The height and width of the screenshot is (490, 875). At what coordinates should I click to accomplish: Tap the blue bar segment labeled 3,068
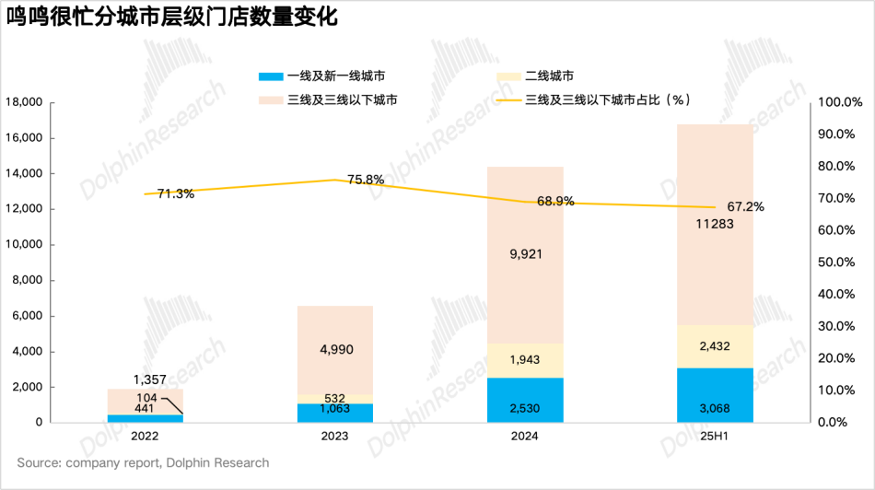[x=715, y=395]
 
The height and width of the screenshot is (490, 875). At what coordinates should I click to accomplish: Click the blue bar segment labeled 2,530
[x=525, y=400]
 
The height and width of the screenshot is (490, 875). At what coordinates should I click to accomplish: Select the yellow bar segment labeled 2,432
[x=715, y=346]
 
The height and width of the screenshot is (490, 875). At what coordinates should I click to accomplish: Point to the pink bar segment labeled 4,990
[x=335, y=350]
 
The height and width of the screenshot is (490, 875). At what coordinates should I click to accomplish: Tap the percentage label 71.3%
[x=176, y=194]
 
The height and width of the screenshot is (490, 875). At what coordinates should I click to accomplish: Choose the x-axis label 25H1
[x=715, y=435]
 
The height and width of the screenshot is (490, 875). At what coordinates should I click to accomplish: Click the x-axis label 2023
[x=335, y=435]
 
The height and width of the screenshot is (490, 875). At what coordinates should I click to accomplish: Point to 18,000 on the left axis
[x=25, y=102]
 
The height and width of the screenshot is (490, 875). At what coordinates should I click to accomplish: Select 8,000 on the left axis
[x=28, y=280]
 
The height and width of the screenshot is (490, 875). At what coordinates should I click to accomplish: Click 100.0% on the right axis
[x=839, y=102]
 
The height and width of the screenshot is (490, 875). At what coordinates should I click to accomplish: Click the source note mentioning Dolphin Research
[x=143, y=462]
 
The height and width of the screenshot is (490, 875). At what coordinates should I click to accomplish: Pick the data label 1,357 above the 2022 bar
[x=149, y=379]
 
